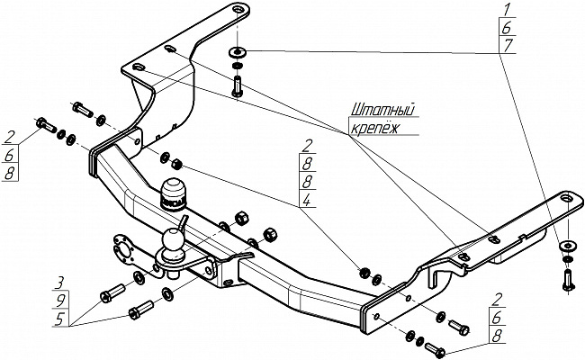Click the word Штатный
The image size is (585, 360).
click(x=383, y=111)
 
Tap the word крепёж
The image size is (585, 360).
click(x=374, y=128)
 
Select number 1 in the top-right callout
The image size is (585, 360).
click(x=507, y=9)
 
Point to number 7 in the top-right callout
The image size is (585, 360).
click(x=508, y=45)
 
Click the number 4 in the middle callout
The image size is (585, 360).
click(x=307, y=200)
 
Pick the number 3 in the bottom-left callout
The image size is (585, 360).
click(x=58, y=283)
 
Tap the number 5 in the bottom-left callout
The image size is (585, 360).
click(x=59, y=319)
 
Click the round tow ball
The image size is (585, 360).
click(x=172, y=239)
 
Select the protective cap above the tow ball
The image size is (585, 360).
click(x=173, y=194)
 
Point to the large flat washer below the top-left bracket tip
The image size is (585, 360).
click(x=237, y=52)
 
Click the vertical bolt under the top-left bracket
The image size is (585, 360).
click(x=237, y=86)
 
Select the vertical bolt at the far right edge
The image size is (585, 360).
click(x=567, y=280)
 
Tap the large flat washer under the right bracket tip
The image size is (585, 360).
click(x=568, y=246)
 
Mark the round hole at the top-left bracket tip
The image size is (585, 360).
click(x=238, y=9)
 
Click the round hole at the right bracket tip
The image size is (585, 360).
click(x=567, y=198)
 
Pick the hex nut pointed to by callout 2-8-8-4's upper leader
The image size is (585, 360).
click(x=176, y=164)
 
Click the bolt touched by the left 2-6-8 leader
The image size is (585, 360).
click(x=46, y=124)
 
